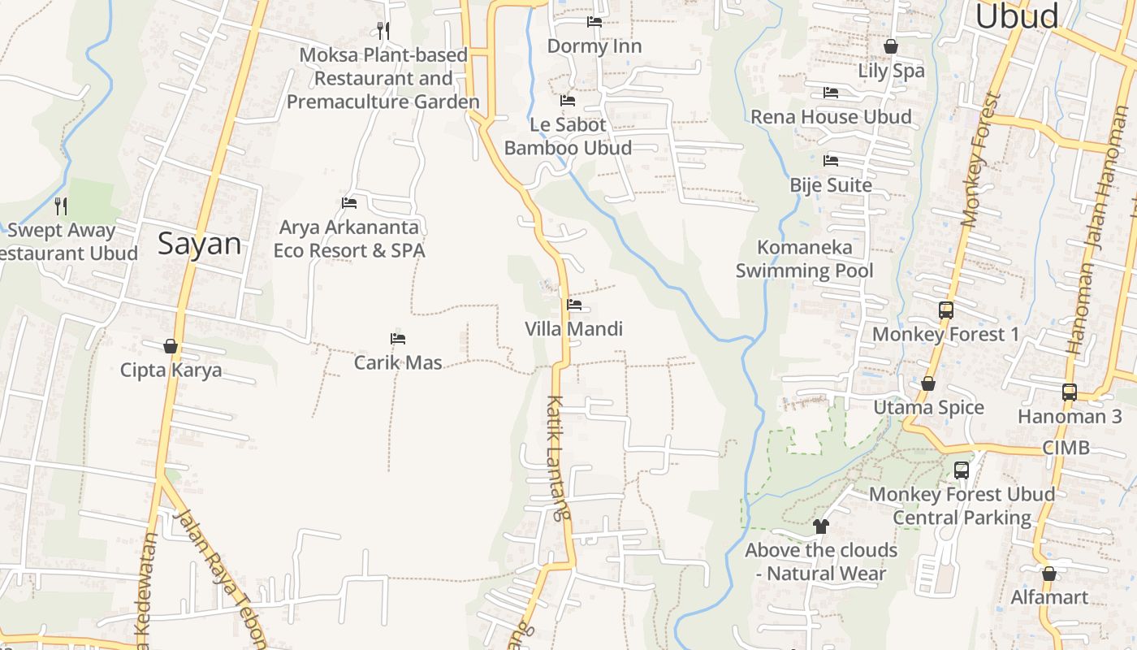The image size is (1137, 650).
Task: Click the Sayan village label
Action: coord(200,244)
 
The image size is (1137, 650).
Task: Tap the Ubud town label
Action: coord(1017,16)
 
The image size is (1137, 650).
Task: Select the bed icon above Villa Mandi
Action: coord(574,305)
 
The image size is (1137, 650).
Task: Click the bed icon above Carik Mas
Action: coord(398,339)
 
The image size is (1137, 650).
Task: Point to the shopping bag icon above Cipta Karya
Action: coord(171,347)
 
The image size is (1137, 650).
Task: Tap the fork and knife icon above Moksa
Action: coord(383,31)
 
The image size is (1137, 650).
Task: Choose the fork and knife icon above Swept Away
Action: coord(61,206)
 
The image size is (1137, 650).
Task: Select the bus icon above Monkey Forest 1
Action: coord(946,310)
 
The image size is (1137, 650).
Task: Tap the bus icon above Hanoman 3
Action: coord(1070,392)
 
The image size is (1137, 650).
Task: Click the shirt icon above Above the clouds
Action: coord(821,526)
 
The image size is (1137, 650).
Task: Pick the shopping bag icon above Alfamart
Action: coord(1049,574)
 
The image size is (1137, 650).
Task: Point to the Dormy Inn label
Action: coord(594,46)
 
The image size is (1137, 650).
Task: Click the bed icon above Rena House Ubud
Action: coord(831,93)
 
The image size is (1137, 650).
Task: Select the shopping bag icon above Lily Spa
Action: coord(891,47)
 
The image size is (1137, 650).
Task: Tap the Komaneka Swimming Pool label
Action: coord(805,258)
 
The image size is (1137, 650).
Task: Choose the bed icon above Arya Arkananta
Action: coord(349,203)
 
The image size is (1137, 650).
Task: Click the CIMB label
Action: coord(1066,448)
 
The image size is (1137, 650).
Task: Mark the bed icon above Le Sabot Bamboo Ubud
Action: coord(568,101)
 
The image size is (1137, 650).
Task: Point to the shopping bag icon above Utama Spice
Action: coord(928,383)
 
